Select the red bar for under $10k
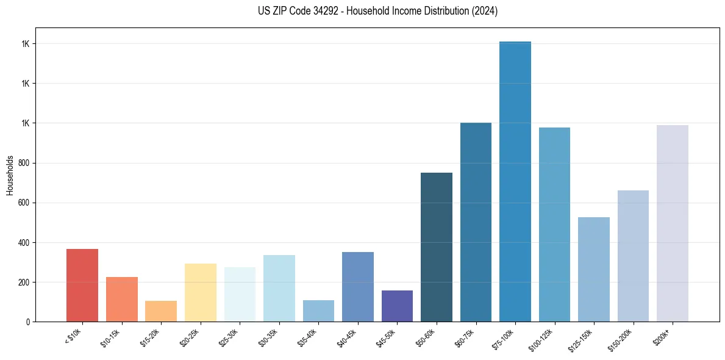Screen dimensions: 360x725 click(82, 285)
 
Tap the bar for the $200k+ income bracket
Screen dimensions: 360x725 click(673, 223)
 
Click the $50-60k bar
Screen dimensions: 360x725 click(437, 247)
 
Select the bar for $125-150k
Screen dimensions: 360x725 click(594, 269)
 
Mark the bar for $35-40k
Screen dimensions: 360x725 click(318, 311)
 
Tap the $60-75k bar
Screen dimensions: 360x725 click(476, 222)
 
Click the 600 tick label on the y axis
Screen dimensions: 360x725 click(24, 203)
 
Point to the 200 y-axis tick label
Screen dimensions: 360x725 click(24, 283)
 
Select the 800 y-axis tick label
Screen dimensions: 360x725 click(24, 163)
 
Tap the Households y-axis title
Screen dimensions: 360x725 click(10, 175)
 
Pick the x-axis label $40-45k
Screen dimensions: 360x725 click(346, 337)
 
